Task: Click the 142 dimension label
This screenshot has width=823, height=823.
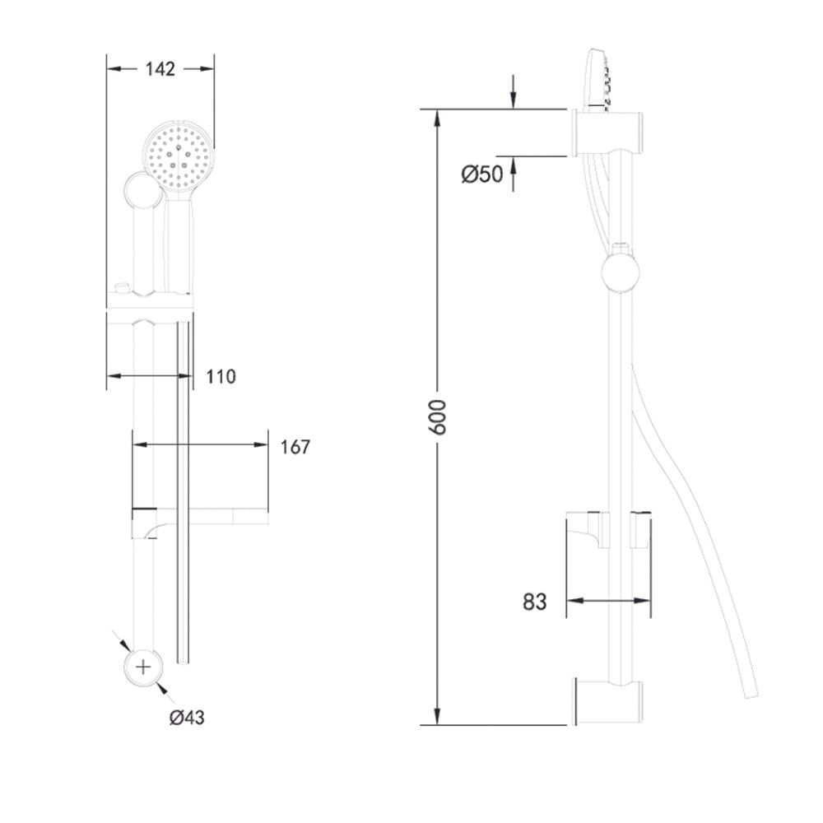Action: pyautogui.click(x=160, y=69)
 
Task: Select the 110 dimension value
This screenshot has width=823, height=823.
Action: pyautogui.click(x=221, y=377)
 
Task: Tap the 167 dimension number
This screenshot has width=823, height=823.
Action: pyautogui.click(x=295, y=447)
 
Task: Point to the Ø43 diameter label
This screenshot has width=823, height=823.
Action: pyautogui.click(x=187, y=717)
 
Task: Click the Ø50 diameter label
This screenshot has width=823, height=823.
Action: pyautogui.click(x=481, y=174)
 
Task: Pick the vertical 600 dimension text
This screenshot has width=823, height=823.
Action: pyautogui.click(x=437, y=417)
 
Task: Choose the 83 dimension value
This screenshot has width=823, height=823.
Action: pyautogui.click(x=534, y=602)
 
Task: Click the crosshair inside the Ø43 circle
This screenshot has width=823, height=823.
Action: pyautogui.click(x=143, y=667)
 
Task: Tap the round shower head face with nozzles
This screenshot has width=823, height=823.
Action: pyautogui.click(x=179, y=157)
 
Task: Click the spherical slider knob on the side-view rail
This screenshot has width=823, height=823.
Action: pyautogui.click(x=621, y=272)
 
